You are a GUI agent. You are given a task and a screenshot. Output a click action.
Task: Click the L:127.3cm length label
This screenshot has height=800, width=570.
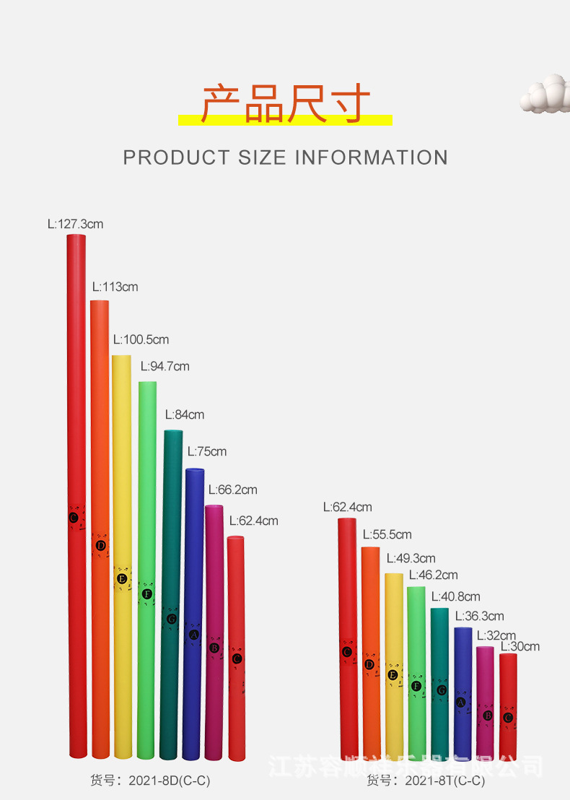(76, 224)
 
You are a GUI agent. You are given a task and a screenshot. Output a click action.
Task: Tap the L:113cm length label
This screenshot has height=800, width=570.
(115, 287)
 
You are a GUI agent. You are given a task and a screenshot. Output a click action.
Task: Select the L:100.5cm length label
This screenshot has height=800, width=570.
(141, 339)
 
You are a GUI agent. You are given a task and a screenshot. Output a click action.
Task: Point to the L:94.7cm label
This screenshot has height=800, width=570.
(165, 366)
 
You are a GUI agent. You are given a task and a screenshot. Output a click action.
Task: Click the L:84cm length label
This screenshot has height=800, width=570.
(185, 414)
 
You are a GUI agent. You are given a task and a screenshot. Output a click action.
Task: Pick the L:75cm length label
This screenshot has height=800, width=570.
(207, 451)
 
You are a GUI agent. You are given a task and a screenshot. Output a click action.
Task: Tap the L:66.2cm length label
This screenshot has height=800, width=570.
(232, 490)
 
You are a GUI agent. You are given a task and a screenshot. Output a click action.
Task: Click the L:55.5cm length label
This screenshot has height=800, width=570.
(387, 534)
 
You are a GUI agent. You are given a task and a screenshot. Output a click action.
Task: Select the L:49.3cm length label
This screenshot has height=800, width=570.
(411, 558)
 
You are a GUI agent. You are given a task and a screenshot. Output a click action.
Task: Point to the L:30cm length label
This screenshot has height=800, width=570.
(520, 646)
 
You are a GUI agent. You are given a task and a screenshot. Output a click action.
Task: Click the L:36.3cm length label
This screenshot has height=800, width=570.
(480, 616)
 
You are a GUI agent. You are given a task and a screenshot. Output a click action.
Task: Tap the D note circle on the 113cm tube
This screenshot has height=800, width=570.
(101, 545)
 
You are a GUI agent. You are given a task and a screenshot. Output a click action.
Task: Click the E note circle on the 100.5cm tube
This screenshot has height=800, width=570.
(123, 578)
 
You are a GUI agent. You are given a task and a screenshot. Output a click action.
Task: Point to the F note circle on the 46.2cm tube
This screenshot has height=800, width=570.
(416, 686)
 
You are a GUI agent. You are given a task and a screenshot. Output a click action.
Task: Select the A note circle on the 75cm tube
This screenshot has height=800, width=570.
(193, 635)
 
